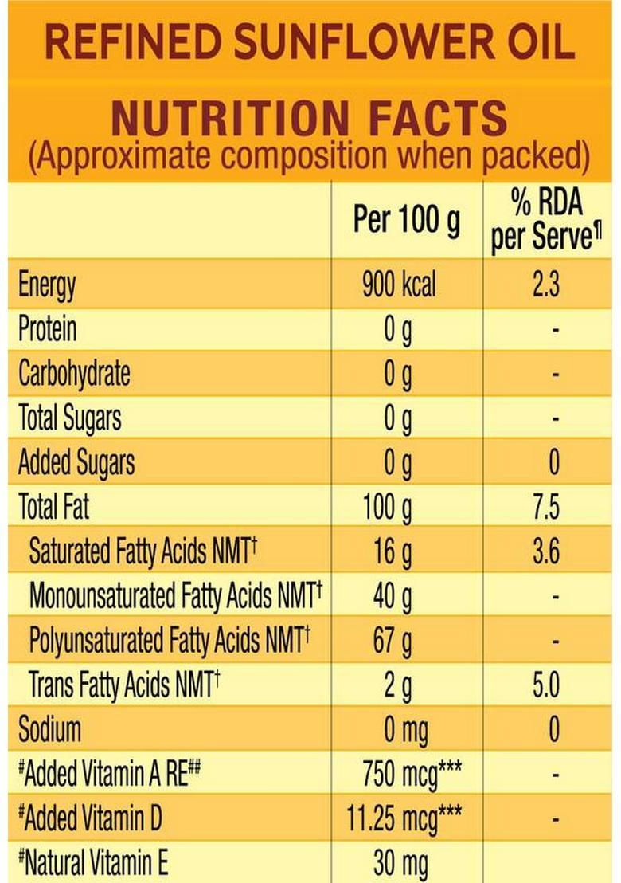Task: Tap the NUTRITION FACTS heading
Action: [310, 119]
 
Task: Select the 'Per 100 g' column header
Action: [406, 221]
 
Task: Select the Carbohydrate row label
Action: [74, 374]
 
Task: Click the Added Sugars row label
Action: [76, 462]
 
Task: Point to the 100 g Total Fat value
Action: [388, 507]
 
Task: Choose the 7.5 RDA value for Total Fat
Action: [546, 507]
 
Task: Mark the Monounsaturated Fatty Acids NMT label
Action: [175, 595]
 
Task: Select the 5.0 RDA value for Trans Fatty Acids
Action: [546, 685]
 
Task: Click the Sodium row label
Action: [49, 728]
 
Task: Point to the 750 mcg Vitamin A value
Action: [412, 772]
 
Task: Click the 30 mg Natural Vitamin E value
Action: [400, 861]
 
